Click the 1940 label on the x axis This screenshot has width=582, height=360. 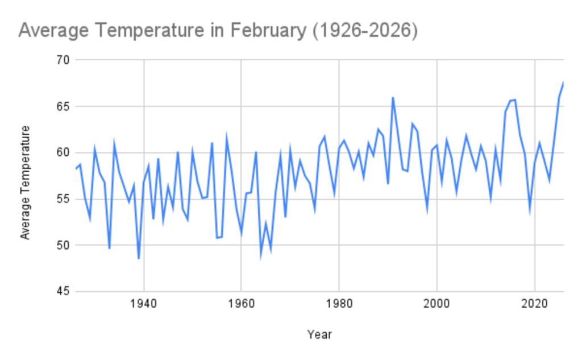(144, 303)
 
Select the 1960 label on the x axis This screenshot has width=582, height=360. (242, 303)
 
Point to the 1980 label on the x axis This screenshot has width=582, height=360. (339, 303)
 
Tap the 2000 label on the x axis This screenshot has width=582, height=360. (437, 303)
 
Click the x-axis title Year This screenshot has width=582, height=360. (319, 334)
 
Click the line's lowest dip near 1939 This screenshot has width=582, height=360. (139, 258)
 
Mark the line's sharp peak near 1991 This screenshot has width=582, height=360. (393, 98)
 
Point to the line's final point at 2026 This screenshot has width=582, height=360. (563, 83)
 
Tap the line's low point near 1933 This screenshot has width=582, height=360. (109, 248)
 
